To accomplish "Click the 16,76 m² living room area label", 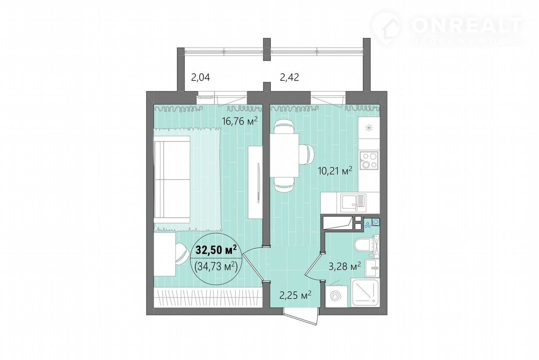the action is click(240, 121).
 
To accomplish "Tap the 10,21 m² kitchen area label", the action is click(335, 171).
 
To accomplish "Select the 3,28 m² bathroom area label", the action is click(345, 266).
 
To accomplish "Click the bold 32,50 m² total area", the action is click(216, 250).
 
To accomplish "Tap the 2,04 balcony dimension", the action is click(200, 78).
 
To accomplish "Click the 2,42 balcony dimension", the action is click(289, 77).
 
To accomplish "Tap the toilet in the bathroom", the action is click(363, 246).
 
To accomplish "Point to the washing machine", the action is click(336, 296).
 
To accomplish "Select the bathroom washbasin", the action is click(372, 268).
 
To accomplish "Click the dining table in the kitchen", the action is click(284, 155).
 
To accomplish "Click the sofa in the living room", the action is click(172, 180).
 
